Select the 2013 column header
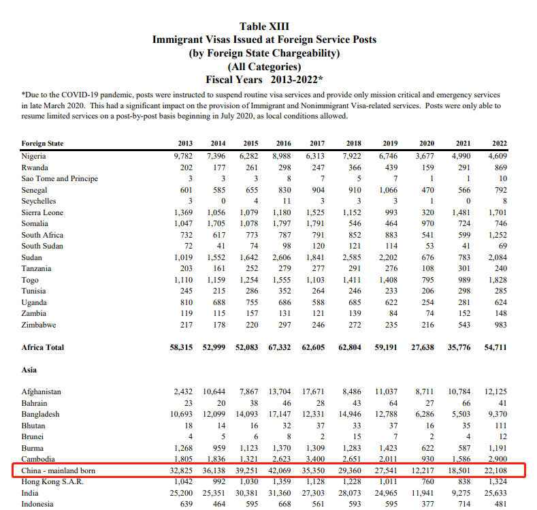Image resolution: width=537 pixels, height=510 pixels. point(184,144)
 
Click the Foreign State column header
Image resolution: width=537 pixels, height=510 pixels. point(42,144)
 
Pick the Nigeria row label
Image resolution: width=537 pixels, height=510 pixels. point(34,155)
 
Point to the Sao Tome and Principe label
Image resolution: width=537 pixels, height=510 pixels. point(60,178)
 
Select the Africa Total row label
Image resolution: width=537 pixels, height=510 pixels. point(43,347)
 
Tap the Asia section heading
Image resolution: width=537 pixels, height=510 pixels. point(29,370)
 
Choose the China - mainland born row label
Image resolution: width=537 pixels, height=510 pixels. point(59,471)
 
